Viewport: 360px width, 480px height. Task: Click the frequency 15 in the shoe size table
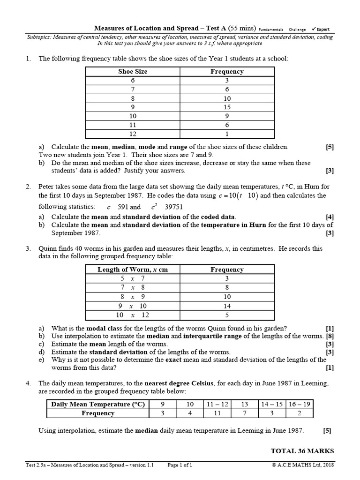(227, 107)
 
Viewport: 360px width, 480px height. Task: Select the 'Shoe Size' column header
(133, 72)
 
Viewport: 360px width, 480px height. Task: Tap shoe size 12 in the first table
(133, 134)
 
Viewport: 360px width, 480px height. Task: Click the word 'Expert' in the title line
(322, 29)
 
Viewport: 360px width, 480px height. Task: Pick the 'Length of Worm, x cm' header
(133, 270)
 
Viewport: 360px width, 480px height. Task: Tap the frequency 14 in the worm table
(227, 306)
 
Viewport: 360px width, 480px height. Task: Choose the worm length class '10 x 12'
(133, 315)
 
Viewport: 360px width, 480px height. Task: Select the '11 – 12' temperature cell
(217, 404)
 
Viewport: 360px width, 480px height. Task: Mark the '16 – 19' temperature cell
(299, 404)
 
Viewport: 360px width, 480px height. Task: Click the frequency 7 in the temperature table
(244, 413)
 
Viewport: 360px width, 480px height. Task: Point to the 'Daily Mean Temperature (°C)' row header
(98, 404)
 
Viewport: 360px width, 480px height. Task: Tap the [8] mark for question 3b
(330, 336)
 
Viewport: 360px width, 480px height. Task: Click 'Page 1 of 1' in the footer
(180, 465)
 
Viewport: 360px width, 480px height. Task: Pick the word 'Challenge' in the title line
(297, 29)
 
